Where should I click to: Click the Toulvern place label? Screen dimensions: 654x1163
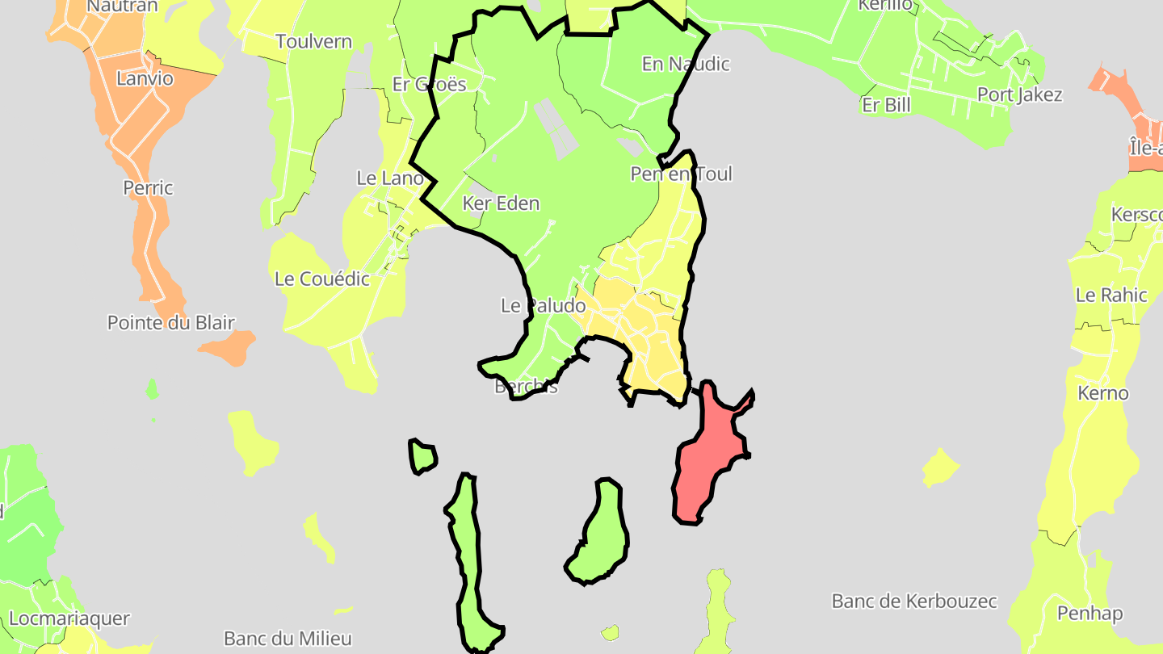pos(313,41)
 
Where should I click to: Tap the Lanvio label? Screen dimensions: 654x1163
pos(145,78)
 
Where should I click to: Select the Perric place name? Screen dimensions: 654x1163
pos(148,188)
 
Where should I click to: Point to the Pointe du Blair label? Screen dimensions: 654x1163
pos(171,323)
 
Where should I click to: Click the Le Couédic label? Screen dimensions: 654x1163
pos(322,279)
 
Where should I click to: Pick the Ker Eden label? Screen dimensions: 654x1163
pos(501,203)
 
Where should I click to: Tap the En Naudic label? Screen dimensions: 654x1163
pos(686,64)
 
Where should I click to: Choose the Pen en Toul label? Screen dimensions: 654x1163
pos(681,174)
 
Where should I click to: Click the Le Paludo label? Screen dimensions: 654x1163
pos(543,306)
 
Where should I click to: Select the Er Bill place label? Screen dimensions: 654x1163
pos(886,105)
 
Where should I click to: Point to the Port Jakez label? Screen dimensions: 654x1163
pos(1019,94)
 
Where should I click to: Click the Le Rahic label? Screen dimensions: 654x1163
pos(1111,296)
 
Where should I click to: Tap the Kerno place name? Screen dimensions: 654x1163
pos(1102,394)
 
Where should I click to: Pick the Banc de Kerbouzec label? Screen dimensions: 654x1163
pos(914,602)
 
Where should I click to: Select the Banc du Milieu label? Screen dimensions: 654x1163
pos(288,639)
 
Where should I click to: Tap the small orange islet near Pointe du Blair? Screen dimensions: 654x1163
pos(228,347)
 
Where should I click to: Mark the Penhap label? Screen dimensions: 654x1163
pos(1090,614)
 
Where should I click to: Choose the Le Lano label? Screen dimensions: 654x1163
pos(390,178)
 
